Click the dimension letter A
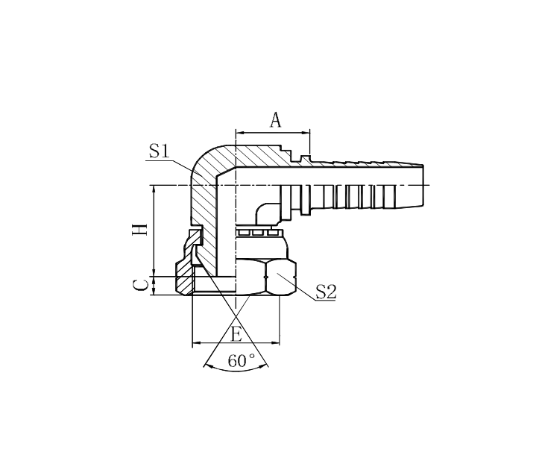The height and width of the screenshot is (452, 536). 275,120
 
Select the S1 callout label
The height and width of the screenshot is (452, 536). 158,151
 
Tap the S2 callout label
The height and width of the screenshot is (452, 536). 326,292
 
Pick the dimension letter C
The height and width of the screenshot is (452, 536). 139,285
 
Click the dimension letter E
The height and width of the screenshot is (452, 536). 236,334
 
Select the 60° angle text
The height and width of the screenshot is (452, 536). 242,361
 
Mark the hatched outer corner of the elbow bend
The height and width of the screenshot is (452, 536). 205,160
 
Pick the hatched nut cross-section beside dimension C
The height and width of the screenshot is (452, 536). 183,279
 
